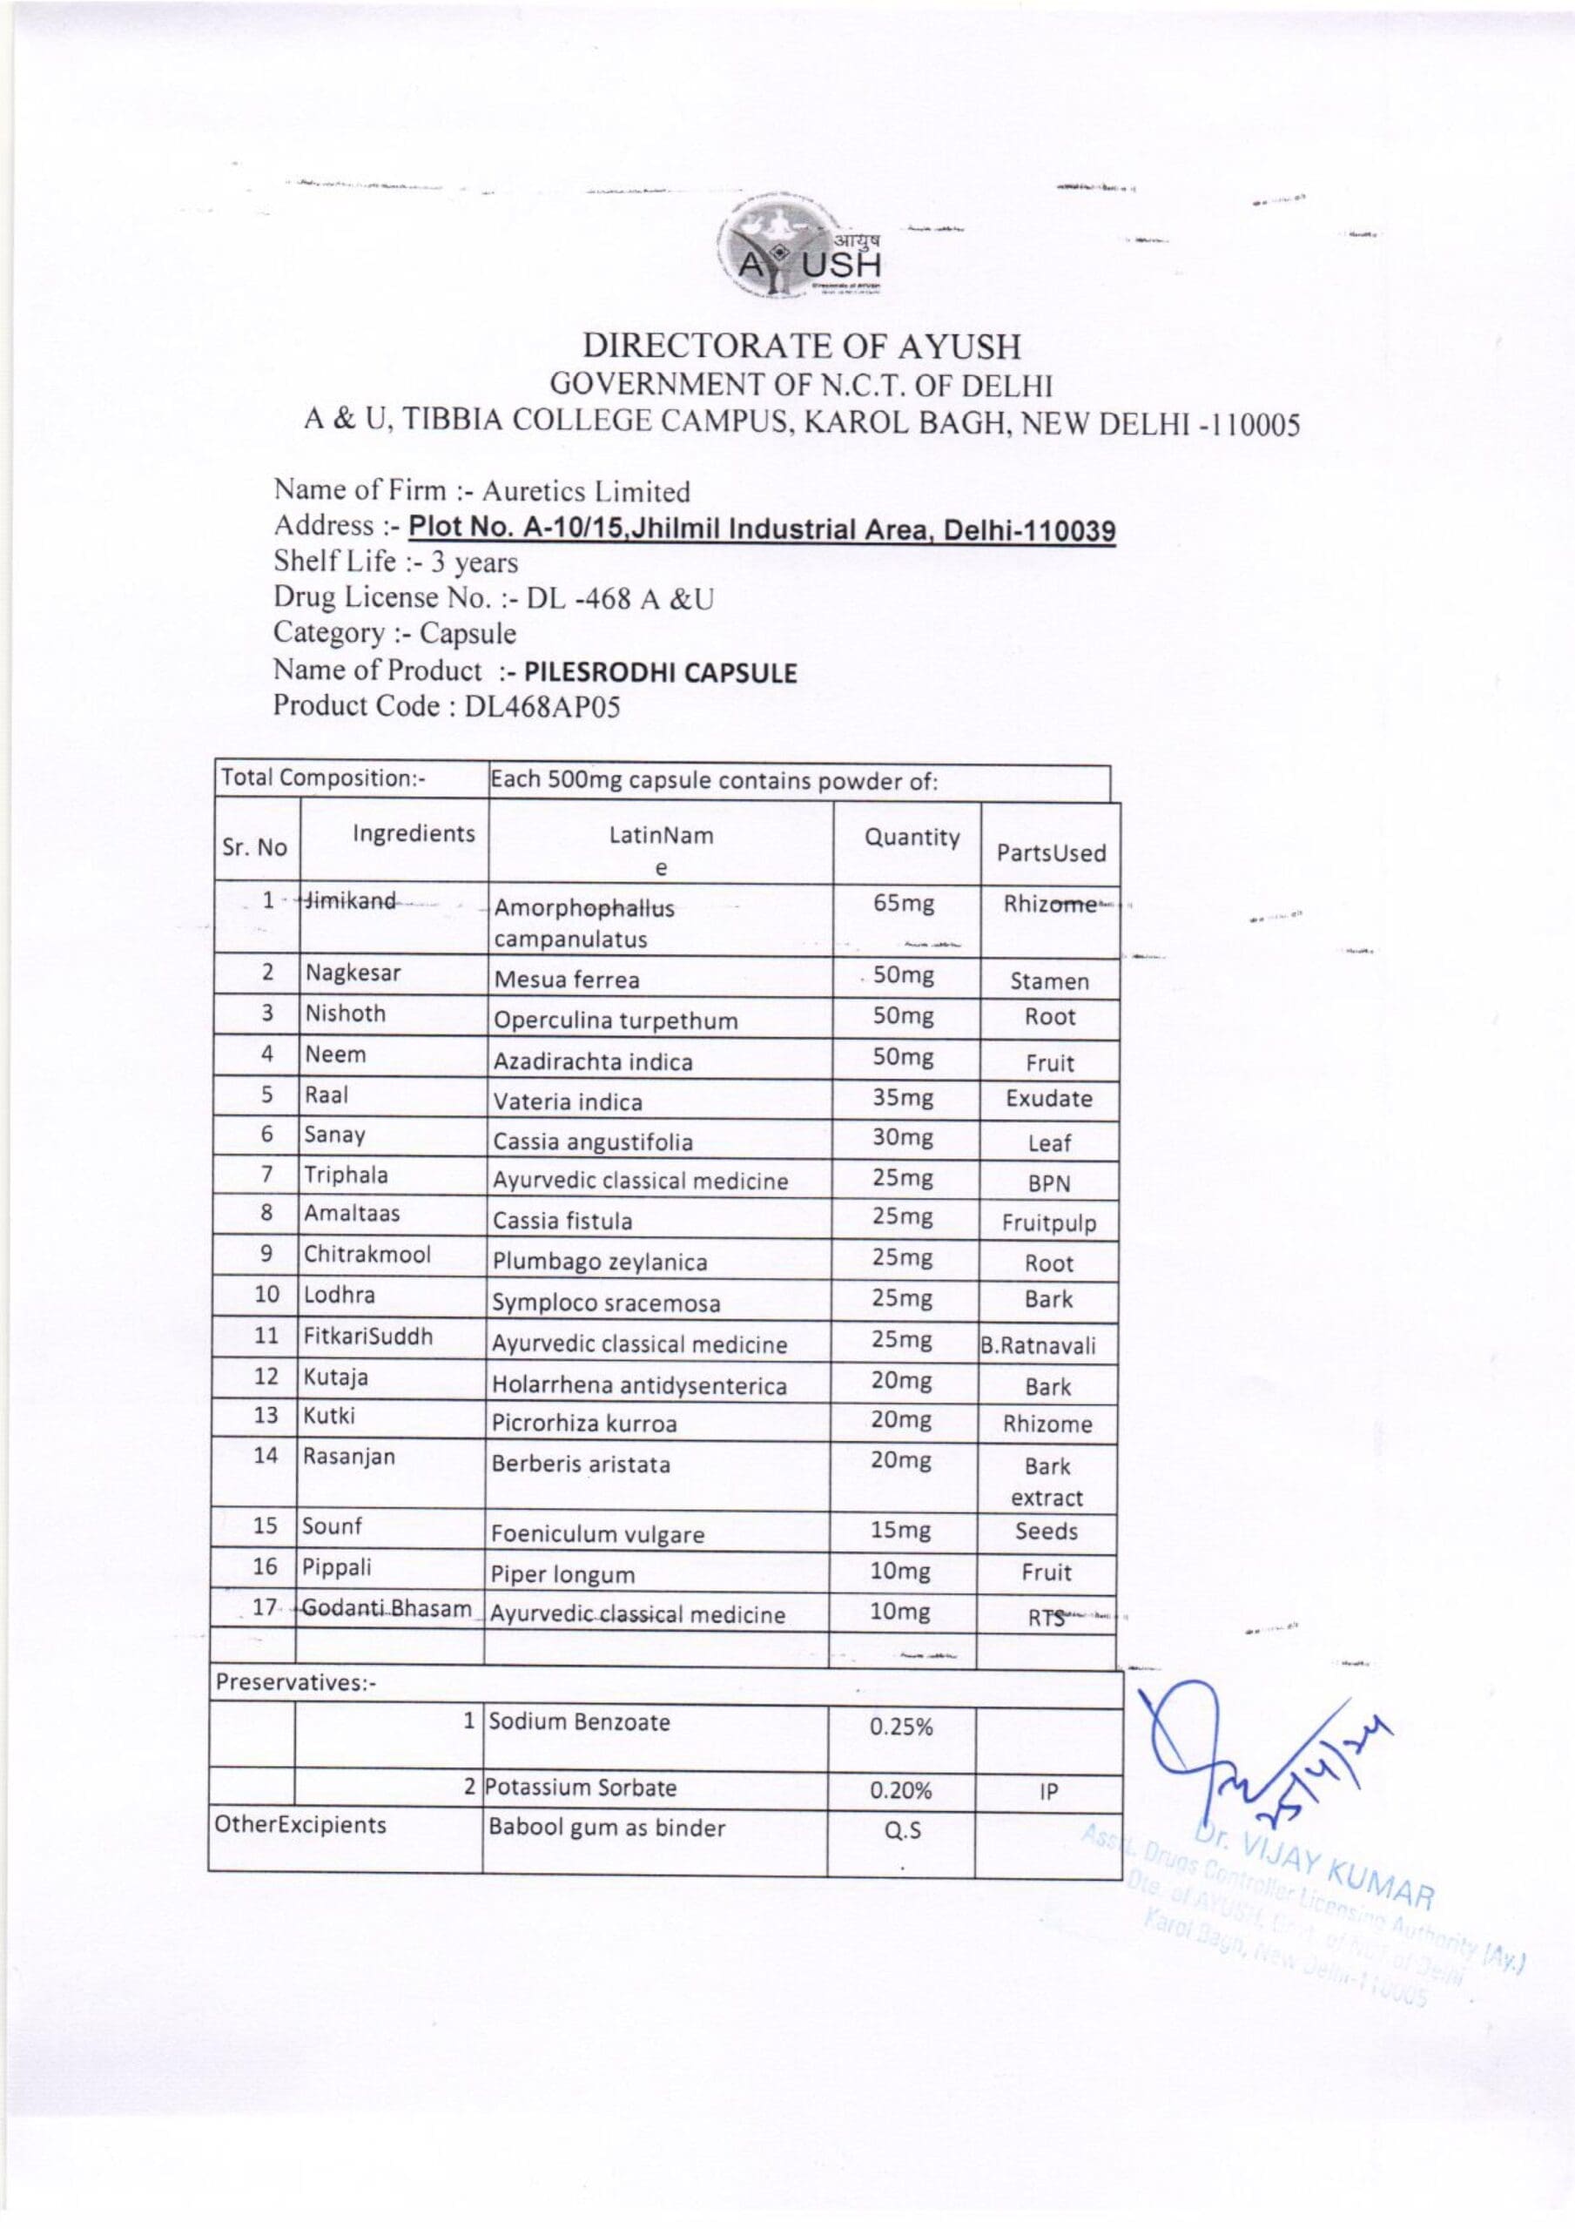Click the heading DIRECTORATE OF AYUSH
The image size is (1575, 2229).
(801, 346)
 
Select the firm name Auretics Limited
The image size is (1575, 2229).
(586, 491)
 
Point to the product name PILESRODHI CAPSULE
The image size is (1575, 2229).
(660, 673)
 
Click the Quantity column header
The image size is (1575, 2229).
(912, 838)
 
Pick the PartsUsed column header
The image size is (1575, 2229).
(1051, 853)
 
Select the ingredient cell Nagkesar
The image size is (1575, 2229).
(353, 973)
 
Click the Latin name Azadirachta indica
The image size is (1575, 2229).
(592, 1061)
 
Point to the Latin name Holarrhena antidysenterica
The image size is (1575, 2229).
(640, 1385)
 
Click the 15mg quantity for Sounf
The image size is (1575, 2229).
(900, 1531)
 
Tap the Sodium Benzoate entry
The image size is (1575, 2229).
(579, 1722)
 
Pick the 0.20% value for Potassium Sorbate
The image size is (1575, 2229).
(900, 1790)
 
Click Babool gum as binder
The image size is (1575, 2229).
(607, 1828)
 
